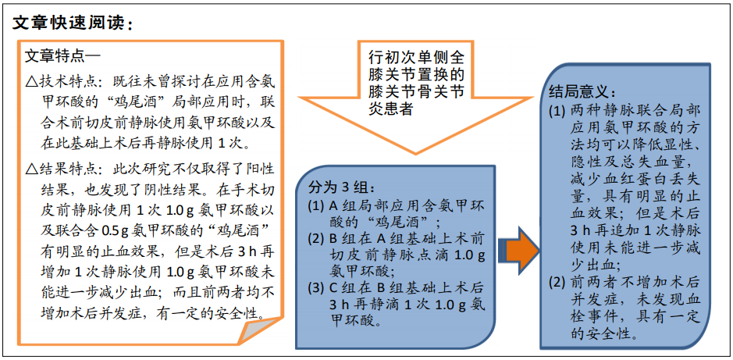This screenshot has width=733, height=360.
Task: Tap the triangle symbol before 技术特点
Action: (x=32, y=83)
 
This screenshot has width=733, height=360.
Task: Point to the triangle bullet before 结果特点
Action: (x=32, y=168)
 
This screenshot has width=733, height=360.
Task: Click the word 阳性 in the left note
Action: (x=259, y=168)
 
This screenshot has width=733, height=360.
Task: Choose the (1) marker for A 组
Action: (x=317, y=206)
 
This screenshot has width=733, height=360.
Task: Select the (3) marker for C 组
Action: (x=317, y=287)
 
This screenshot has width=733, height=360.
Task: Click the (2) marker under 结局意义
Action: (x=558, y=282)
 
